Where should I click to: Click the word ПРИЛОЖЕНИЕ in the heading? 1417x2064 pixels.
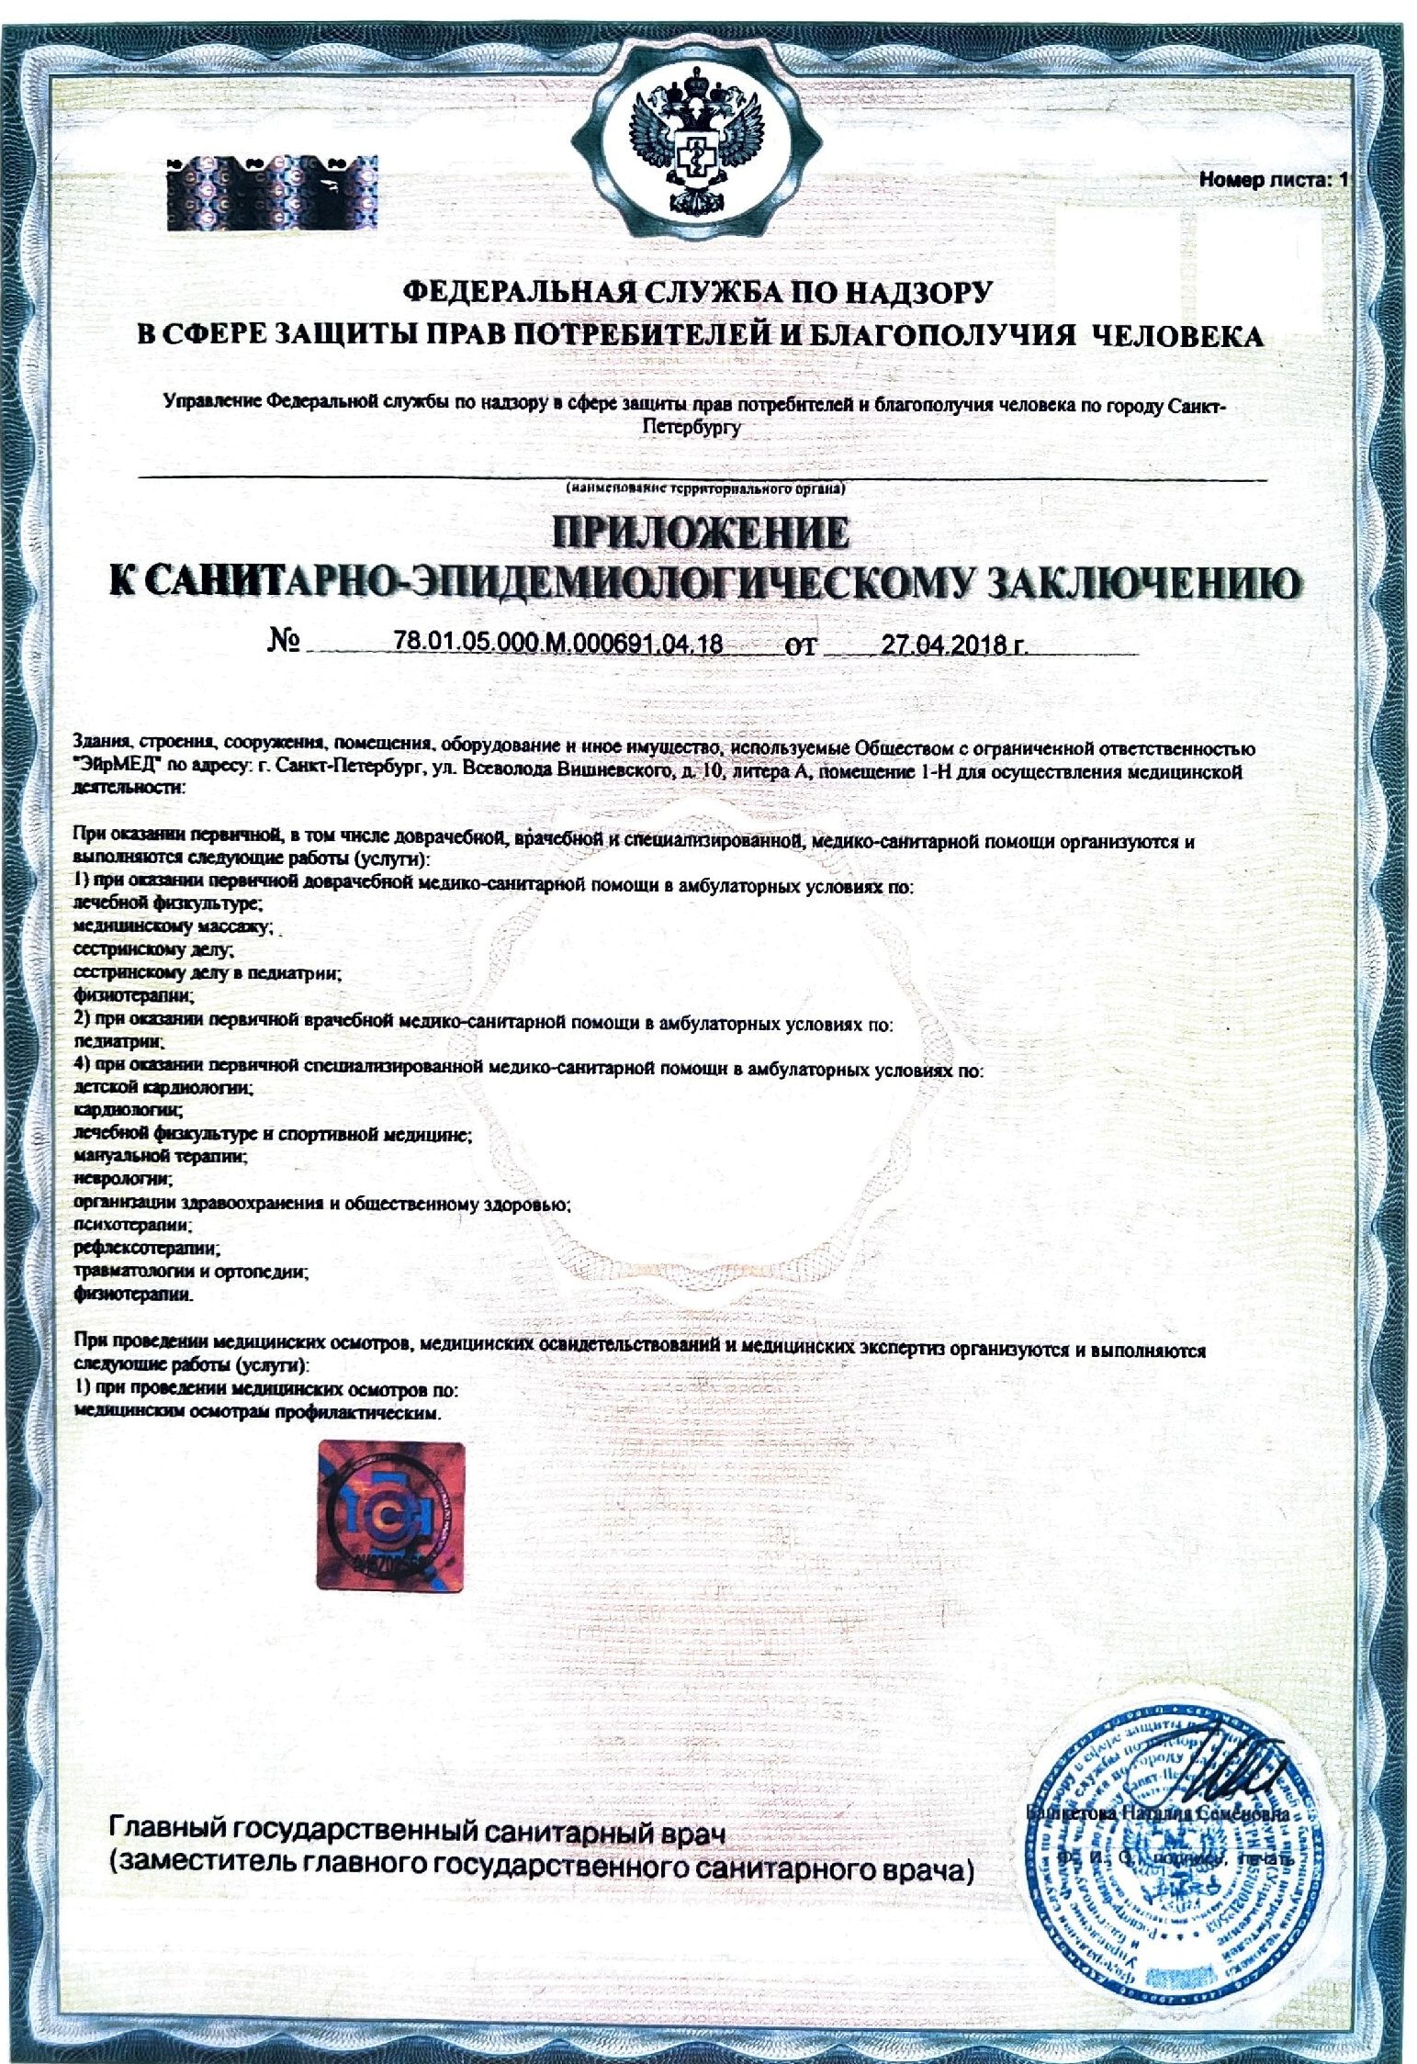tap(699, 533)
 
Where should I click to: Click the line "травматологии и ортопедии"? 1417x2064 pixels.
tap(190, 1272)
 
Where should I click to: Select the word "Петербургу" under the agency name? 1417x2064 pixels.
tap(692, 429)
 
